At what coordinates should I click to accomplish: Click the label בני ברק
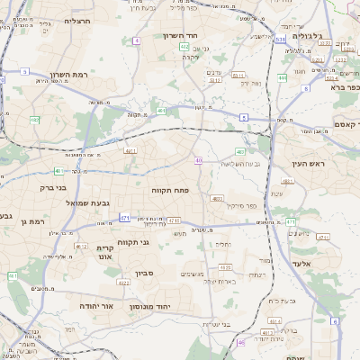pyautogui.click(x=54, y=189)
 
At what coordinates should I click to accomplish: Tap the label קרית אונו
pyautogui.click(x=105, y=252)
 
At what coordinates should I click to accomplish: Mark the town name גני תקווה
pyautogui.click(x=157, y=242)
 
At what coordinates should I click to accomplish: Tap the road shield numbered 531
pyautogui.click(x=280, y=40)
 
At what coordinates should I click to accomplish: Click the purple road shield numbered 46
pyautogui.click(x=241, y=343)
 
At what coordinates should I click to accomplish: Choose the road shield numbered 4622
pyautogui.click(x=122, y=283)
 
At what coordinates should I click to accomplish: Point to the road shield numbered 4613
pyautogui.click(x=266, y=333)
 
